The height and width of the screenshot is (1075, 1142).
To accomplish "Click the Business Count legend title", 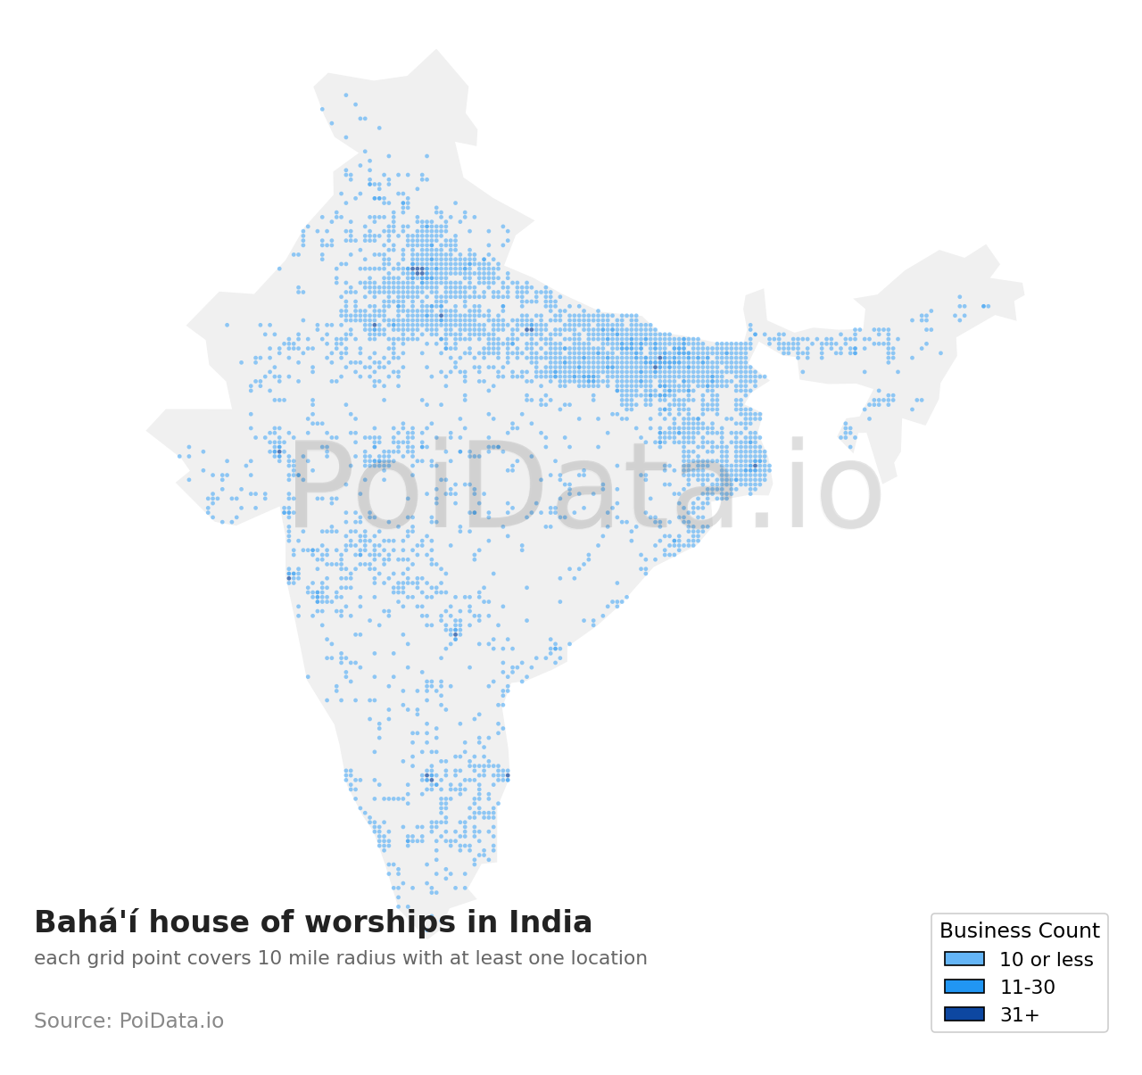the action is point(1019,931).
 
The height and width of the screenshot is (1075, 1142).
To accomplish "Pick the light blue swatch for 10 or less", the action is point(964,959).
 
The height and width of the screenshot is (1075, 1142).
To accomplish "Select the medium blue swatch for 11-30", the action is point(964,987).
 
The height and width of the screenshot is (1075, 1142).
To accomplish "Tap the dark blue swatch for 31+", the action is point(964,1014).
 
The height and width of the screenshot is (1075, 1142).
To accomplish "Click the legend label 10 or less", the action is point(1046,960).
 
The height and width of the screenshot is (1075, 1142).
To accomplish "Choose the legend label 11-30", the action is point(1027,988).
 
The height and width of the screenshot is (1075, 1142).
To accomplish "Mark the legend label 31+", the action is point(1019,1015).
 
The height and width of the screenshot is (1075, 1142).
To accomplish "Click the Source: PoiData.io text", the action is point(128,1021).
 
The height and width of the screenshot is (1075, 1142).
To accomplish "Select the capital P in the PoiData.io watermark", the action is point(319,486).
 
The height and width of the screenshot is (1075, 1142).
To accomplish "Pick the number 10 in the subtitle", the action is point(267,959).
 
